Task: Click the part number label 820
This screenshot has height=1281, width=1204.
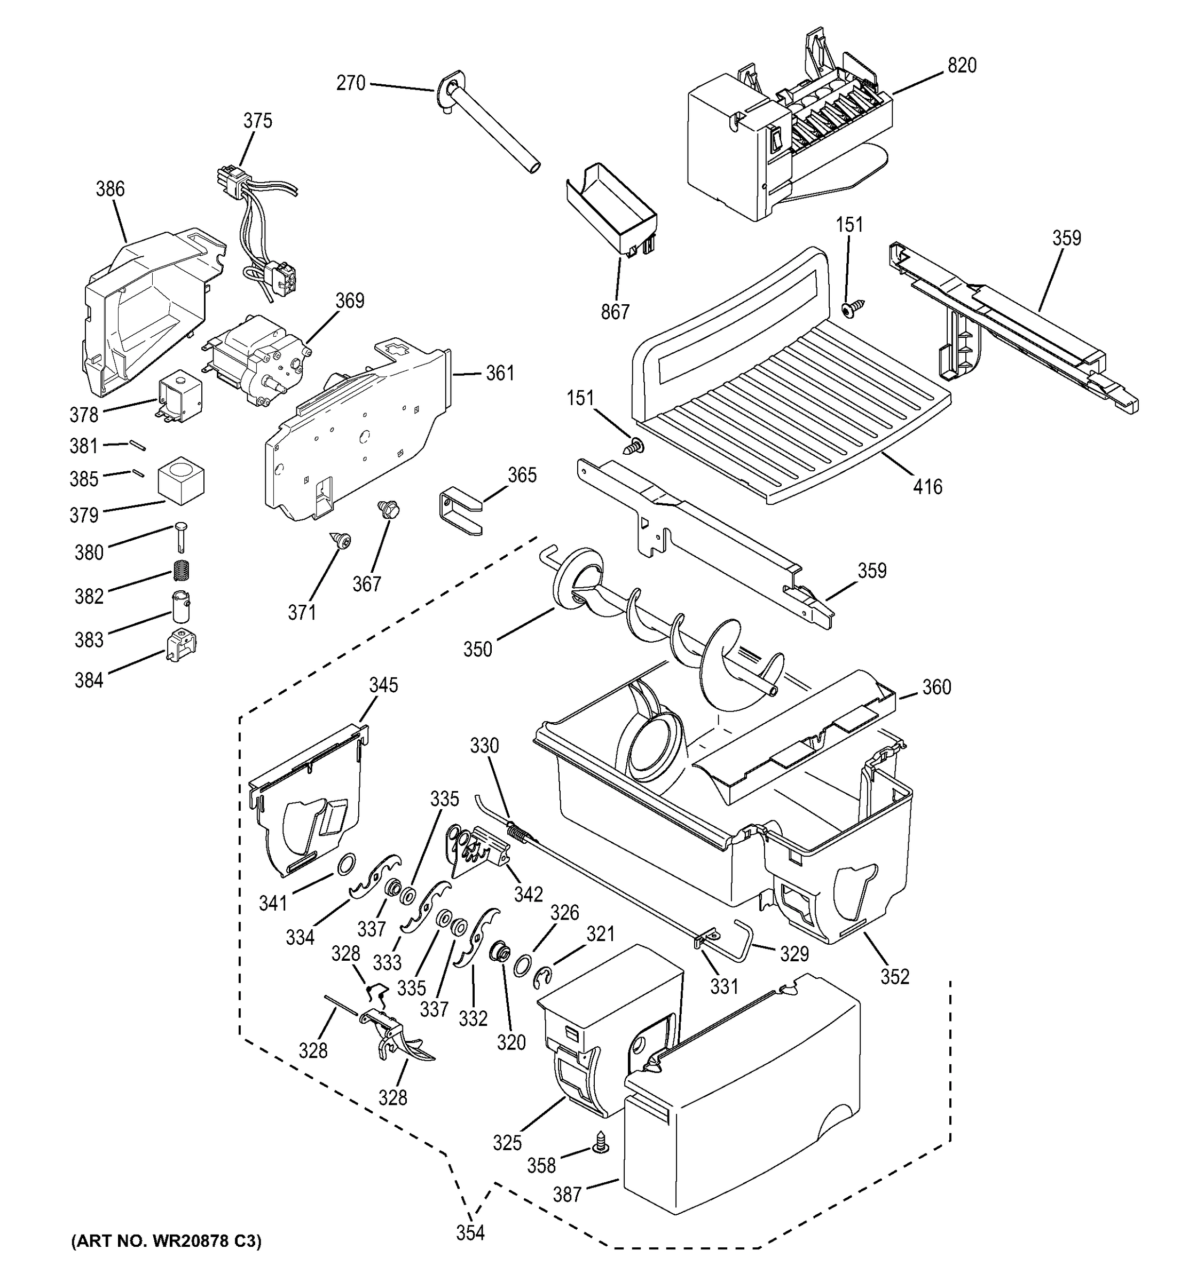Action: [962, 66]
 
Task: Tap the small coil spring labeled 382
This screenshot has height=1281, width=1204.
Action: [184, 570]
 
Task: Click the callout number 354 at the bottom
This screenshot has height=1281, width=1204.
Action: [470, 1232]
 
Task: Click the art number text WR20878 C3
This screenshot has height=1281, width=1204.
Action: [166, 1241]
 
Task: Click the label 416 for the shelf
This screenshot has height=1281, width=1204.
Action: [927, 486]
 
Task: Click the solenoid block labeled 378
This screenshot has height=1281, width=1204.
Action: [180, 399]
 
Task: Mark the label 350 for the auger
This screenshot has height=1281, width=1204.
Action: [478, 649]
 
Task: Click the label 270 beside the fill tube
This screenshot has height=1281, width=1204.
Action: [351, 83]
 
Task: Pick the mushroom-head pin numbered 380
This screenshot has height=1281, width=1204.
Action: [180, 535]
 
